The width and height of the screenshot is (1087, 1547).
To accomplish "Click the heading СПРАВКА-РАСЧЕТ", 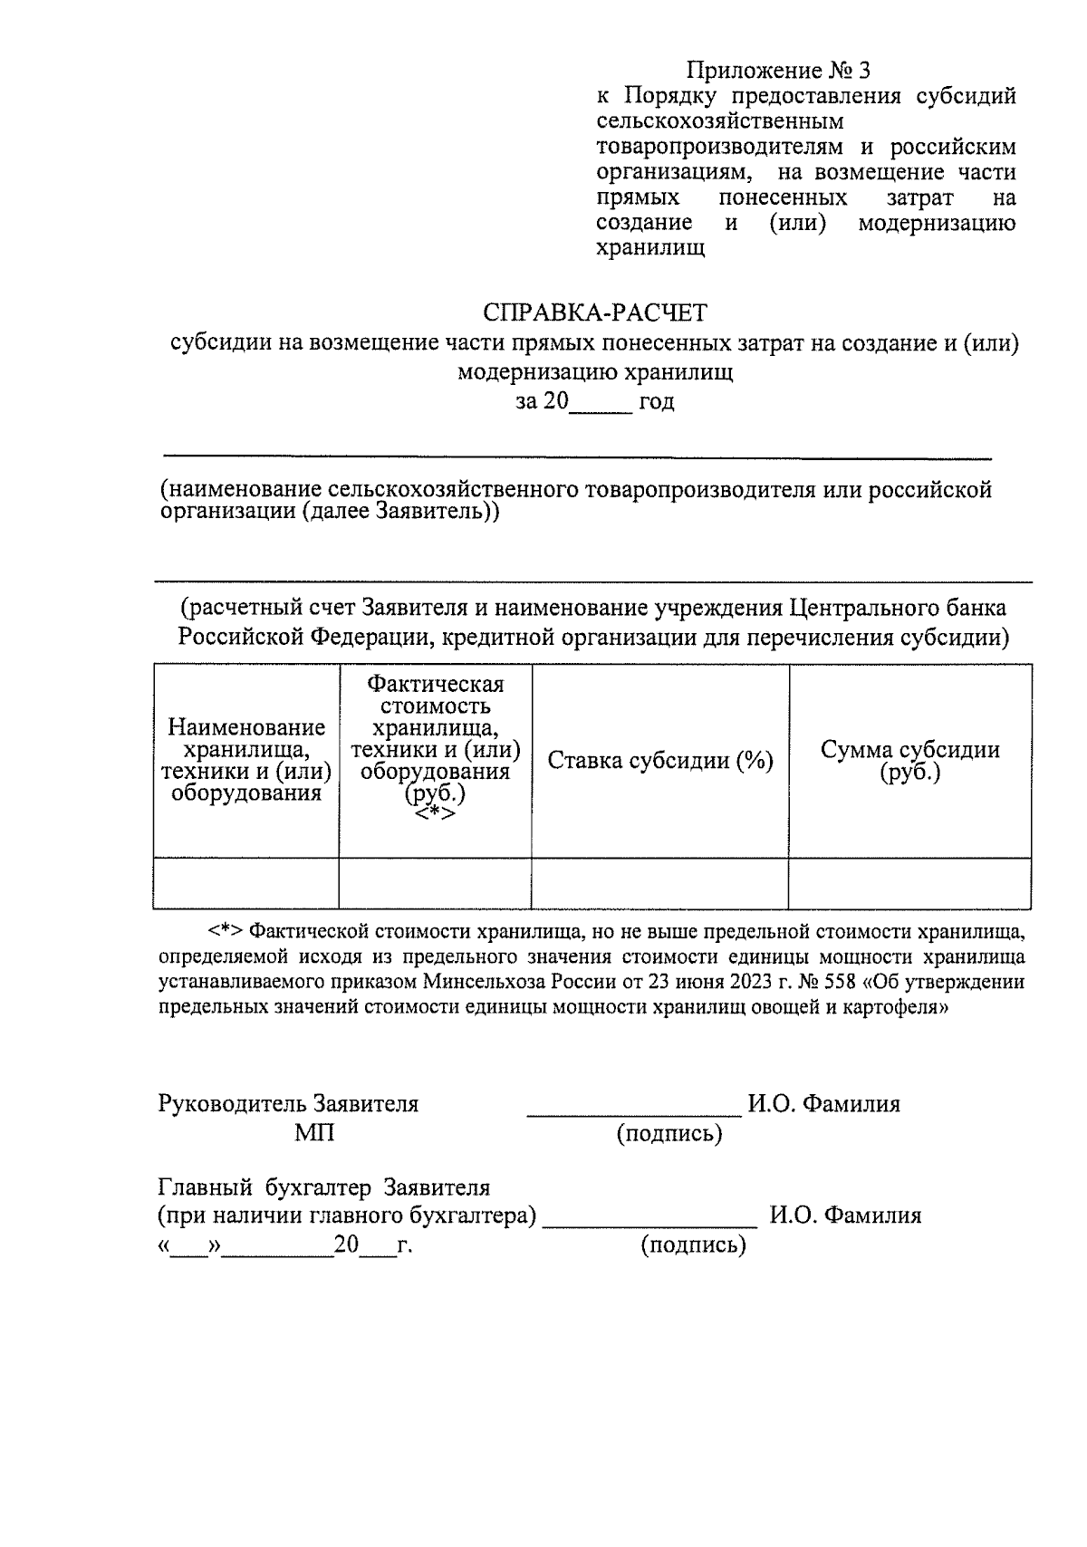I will [x=594, y=313].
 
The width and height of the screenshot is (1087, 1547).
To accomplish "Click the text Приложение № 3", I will [x=777, y=71].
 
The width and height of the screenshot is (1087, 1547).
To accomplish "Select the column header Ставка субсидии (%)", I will [x=659, y=761].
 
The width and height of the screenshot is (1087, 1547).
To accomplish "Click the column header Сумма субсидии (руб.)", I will [x=909, y=761].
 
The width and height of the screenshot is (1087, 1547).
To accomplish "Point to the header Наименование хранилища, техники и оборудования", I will [x=245, y=760].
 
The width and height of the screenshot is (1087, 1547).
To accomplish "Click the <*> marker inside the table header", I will [x=435, y=813].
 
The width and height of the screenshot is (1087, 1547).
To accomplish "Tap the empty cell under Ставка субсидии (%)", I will [x=659, y=883].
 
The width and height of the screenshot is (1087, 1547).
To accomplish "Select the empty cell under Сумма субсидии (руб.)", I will [x=909, y=883].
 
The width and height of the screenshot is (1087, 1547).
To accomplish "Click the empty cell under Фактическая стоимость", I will [x=435, y=883].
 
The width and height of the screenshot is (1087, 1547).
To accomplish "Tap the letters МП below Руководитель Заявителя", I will [x=314, y=1133].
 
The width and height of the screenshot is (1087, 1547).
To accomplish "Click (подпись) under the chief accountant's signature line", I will [x=693, y=1245].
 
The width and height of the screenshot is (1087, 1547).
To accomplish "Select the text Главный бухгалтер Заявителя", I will [x=323, y=1187].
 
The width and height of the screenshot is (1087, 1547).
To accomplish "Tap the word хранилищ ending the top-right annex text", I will [x=650, y=248].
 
